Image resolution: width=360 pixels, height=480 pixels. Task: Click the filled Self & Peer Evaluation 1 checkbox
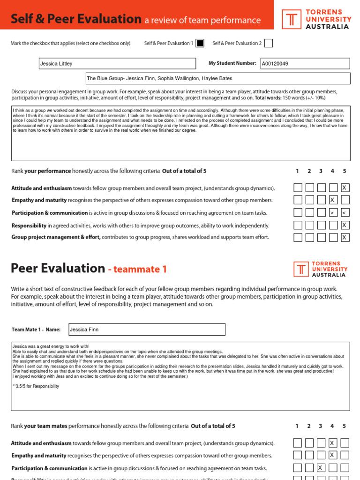click(x=200, y=43)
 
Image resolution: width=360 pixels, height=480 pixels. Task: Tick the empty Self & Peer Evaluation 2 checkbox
click(x=268, y=43)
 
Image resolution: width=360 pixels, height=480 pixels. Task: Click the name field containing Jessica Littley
click(x=117, y=63)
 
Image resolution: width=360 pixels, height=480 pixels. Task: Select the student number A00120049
click(x=305, y=63)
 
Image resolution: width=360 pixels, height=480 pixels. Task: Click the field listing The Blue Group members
click(x=217, y=78)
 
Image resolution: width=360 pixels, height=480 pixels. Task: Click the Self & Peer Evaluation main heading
click(x=76, y=19)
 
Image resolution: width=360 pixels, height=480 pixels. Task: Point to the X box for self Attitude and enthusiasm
click(x=345, y=188)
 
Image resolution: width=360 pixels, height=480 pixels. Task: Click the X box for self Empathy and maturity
click(x=333, y=200)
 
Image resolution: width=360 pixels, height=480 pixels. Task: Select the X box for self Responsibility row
click(x=345, y=225)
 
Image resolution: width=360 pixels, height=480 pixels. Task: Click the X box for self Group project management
click(x=345, y=237)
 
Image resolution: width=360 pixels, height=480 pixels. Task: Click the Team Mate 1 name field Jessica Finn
click(x=147, y=330)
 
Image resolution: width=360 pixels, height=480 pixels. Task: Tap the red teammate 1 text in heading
click(x=137, y=270)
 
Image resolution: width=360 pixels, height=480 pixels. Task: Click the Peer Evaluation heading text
click(x=58, y=268)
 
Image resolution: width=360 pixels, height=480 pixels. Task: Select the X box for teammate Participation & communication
click(x=321, y=467)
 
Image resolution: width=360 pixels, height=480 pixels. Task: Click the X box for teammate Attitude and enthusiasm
click(x=333, y=442)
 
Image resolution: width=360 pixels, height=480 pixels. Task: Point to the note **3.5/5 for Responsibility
click(x=36, y=386)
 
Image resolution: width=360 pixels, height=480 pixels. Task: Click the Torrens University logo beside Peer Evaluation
click(x=321, y=270)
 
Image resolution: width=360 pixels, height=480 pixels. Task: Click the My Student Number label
click(x=232, y=63)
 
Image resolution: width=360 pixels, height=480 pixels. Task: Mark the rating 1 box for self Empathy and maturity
click(x=298, y=200)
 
